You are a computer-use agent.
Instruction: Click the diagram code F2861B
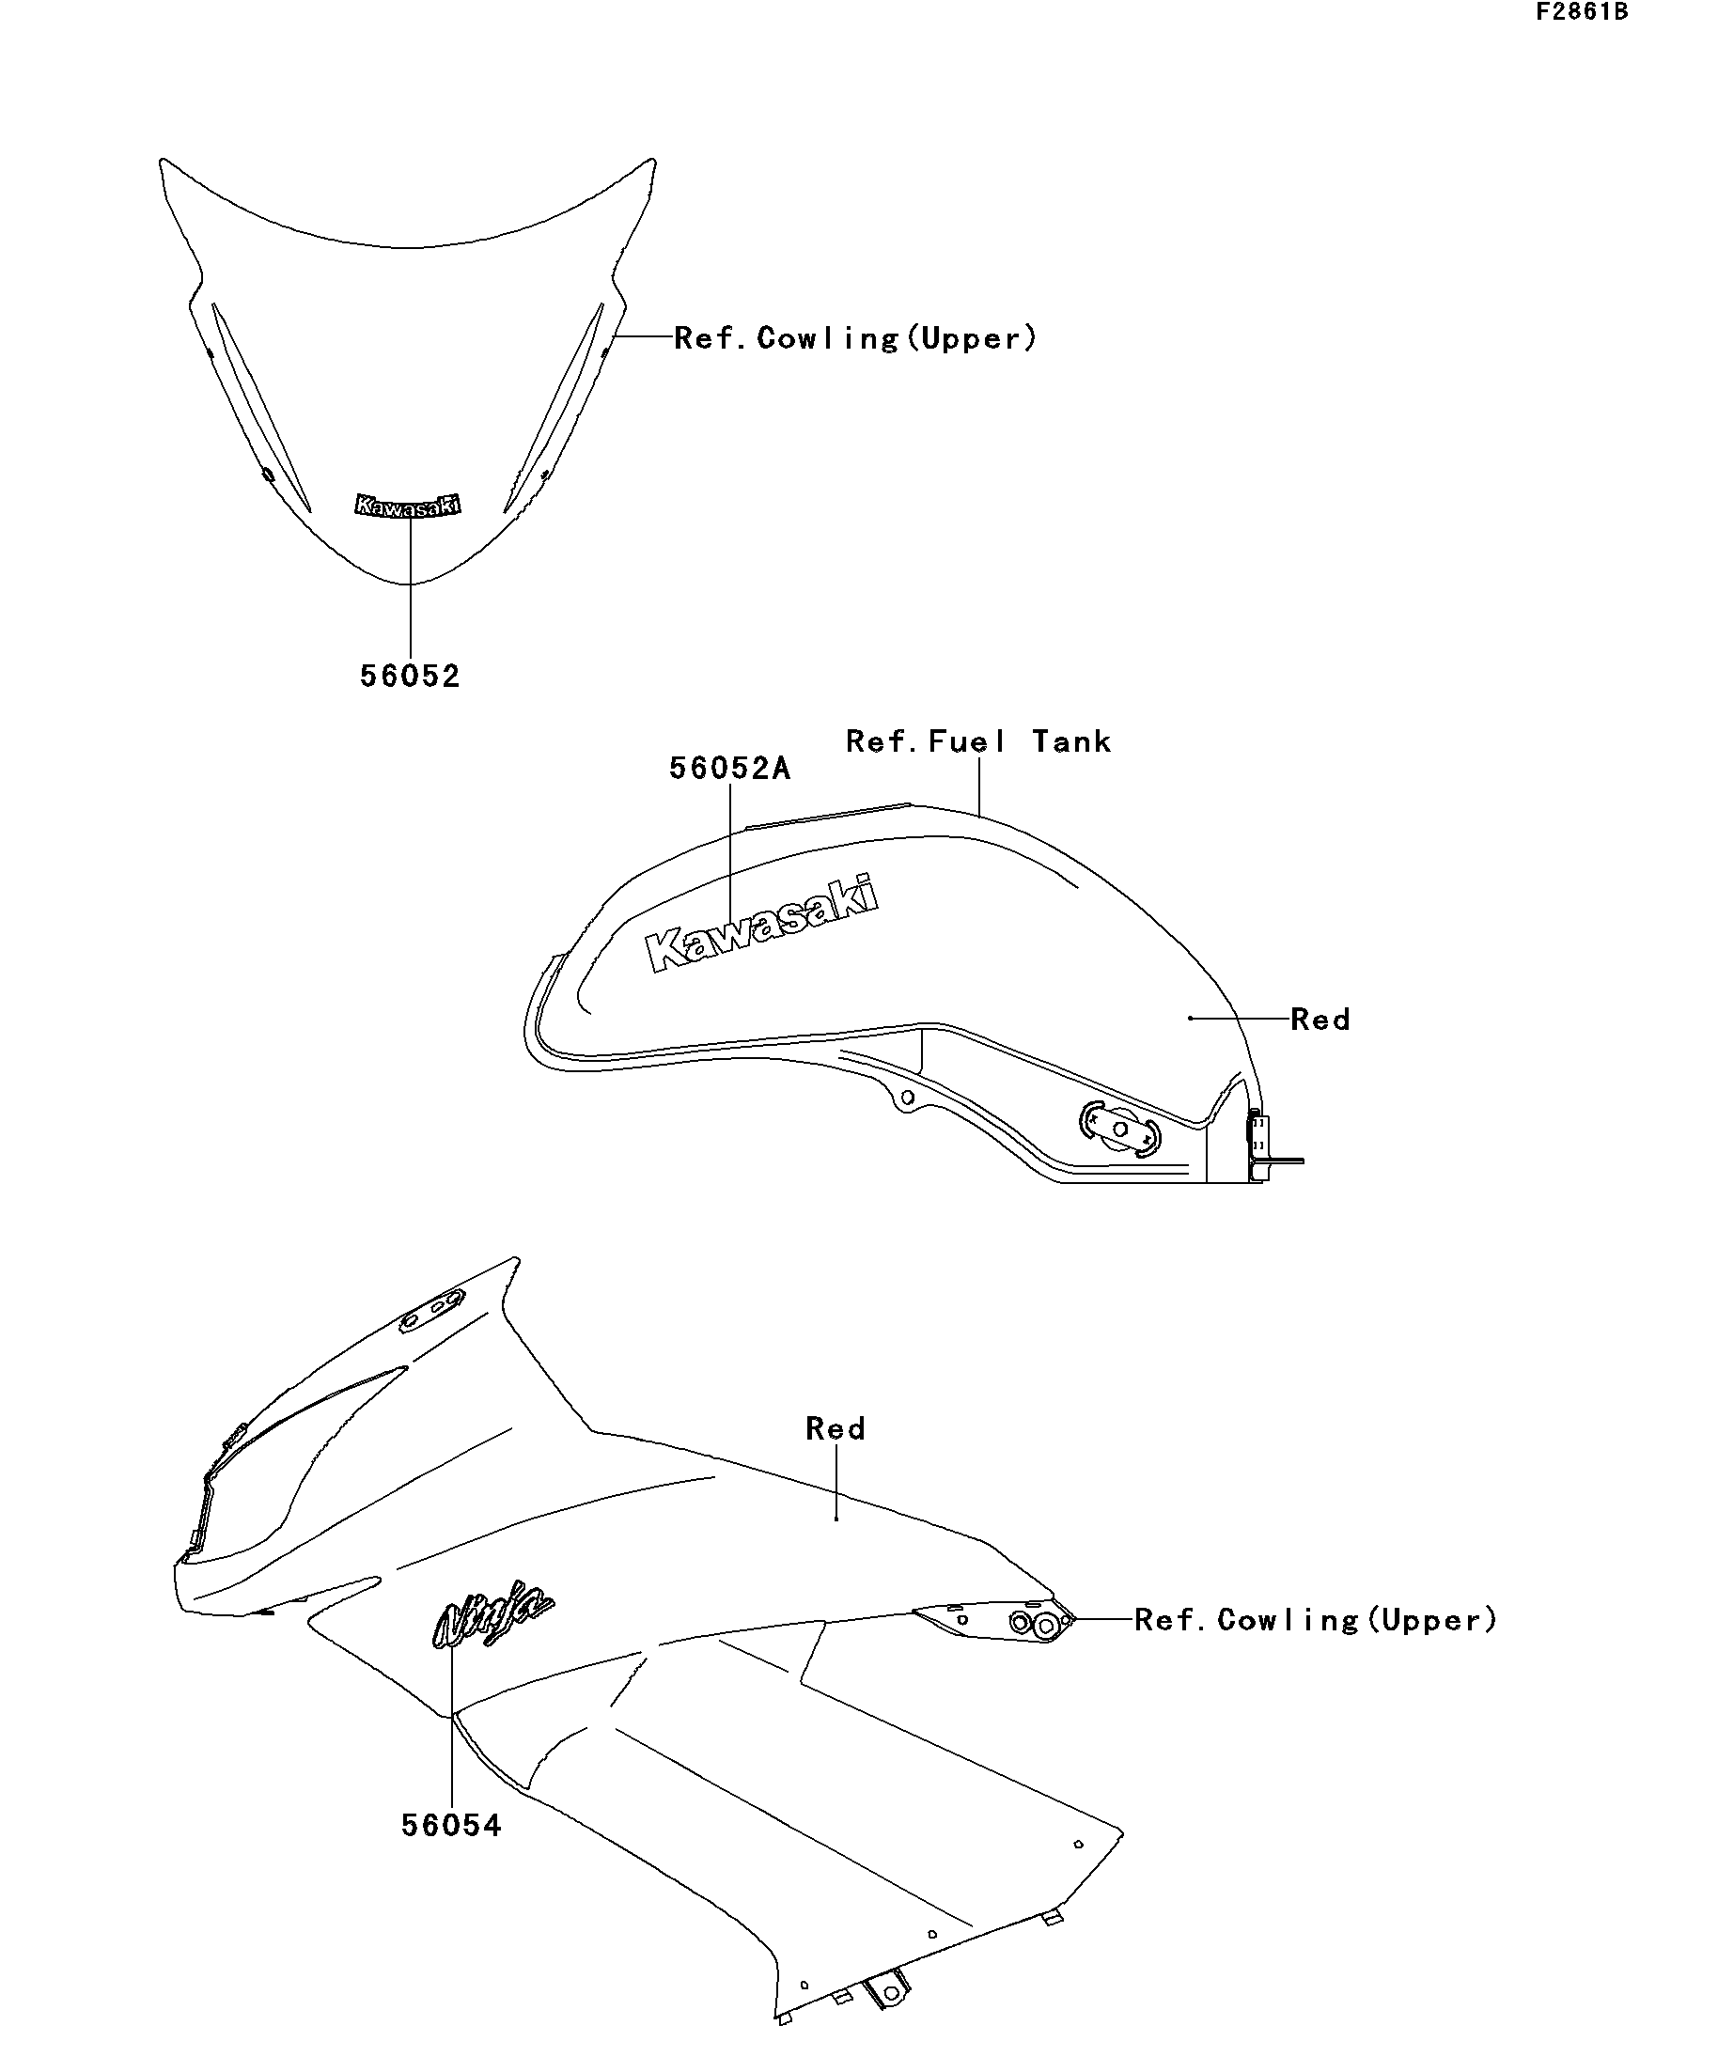pos(1581,12)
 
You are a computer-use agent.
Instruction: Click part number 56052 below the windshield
pos(410,676)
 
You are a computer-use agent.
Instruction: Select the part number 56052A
pos(729,769)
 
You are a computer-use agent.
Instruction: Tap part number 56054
pos(451,1825)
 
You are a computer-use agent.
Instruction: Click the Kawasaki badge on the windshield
pos(408,506)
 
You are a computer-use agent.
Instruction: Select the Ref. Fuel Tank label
pos(978,741)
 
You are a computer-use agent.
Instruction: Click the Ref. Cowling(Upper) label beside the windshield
pos(855,338)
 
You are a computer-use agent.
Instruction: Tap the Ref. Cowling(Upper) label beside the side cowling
pos(1316,1620)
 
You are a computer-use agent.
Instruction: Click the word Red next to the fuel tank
pos(1320,1020)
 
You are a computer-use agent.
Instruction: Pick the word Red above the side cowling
pos(836,1428)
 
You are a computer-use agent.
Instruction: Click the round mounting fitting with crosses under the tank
pos(1120,1128)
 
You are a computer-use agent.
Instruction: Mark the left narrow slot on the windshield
pos(261,407)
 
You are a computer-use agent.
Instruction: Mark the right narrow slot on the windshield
pos(554,407)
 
